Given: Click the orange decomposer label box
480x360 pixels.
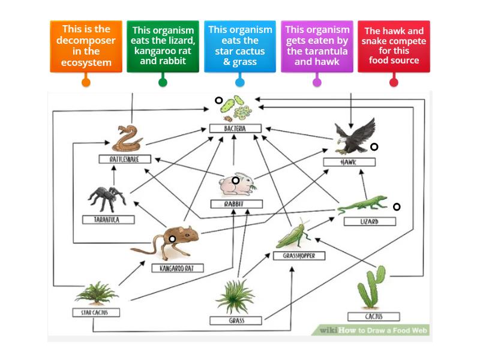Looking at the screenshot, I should tap(86, 46).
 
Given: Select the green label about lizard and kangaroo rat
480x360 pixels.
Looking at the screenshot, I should tap(163, 46).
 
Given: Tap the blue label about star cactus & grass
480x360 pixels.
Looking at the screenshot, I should tap(240, 46).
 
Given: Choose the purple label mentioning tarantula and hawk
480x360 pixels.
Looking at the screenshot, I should tap(317, 46).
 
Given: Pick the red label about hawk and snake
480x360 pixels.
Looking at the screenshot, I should tap(394, 46).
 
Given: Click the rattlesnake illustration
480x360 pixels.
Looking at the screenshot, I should tap(127, 139).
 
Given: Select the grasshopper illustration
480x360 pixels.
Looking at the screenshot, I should tap(295, 235).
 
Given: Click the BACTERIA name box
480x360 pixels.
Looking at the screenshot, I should tap(227, 128).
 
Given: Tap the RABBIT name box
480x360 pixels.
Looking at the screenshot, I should tap(235, 204).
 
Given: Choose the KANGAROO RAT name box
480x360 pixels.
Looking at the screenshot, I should tap(178, 268).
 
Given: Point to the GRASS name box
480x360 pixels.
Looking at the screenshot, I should tap(236, 320).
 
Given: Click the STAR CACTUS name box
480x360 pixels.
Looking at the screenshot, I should tap(96, 313).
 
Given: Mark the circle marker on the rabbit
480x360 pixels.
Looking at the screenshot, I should tap(236, 180).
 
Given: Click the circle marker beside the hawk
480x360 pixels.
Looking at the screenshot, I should tap(374, 147).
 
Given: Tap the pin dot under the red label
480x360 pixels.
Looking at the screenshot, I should tap(394, 82).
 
